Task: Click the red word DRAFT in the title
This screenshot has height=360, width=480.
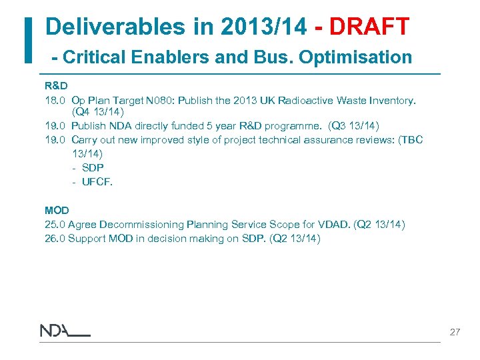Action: [369, 27]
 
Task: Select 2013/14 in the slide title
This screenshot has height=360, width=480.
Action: [251, 27]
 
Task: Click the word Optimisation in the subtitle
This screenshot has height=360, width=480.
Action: [355, 57]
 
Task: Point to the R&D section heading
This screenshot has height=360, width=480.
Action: [55, 86]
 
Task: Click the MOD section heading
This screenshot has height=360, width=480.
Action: [57, 210]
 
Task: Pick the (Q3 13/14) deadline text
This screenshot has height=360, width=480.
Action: [353, 125]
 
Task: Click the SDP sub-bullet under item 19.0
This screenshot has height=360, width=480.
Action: [92, 167]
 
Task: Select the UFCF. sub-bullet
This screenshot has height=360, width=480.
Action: [97, 181]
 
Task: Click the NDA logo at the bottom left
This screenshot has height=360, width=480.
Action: [64, 331]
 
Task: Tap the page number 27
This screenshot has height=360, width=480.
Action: [455, 331]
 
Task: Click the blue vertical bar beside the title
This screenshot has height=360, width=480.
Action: [28, 40]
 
